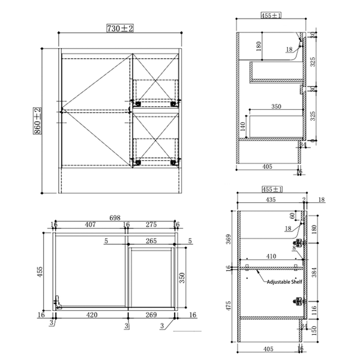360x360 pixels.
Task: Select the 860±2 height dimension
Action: (37, 122)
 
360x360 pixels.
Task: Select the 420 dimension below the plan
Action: (92, 314)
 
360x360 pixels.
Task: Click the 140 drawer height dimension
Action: (242, 126)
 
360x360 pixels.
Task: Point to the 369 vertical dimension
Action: (229, 238)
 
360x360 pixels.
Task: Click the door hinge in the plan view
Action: (58, 301)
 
